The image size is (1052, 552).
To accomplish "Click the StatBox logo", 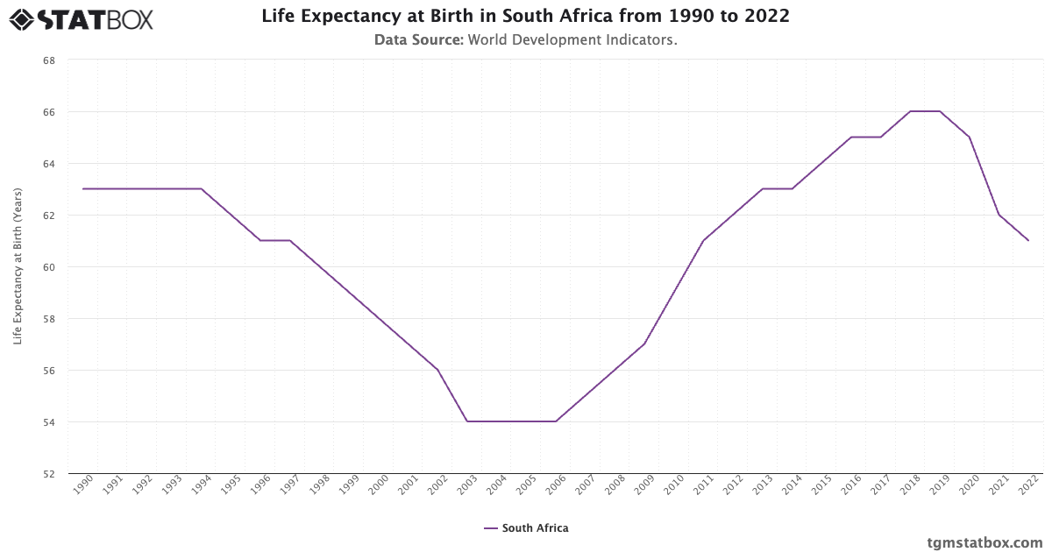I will (x=82, y=18).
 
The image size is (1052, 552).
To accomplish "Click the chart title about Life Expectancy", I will (x=525, y=16).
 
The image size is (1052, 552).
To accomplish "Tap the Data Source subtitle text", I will (x=525, y=39).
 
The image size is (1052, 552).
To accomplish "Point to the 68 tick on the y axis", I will (x=49, y=60).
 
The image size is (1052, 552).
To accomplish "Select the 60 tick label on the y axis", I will (x=49, y=267).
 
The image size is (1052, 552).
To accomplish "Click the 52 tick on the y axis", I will (x=49, y=474).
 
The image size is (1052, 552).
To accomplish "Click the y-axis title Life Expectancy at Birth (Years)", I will (x=18, y=266).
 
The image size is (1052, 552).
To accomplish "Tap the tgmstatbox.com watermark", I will (x=984, y=542).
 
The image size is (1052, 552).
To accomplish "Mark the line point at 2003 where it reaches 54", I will (x=467, y=421).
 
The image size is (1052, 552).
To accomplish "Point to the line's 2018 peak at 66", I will (x=910, y=111).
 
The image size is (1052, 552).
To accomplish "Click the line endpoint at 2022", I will (x=1028, y=240).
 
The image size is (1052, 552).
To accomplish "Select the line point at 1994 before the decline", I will (x=202, y=188).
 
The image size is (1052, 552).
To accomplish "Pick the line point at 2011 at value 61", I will (x=704, y=240).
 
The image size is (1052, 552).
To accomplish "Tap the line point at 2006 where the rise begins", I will (x=556, y=421).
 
